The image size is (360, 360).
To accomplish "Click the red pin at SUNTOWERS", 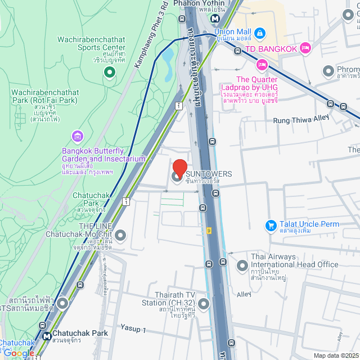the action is [x=179, y=169].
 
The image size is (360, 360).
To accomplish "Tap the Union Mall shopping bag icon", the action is [x=259, y=32].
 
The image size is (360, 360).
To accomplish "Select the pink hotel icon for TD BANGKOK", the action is [x=305, y=48].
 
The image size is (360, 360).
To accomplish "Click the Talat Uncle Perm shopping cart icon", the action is [x=271, y=225].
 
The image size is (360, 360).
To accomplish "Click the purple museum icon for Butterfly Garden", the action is [x=76, y=136].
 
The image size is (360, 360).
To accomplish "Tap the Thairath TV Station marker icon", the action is [x=203, y=304].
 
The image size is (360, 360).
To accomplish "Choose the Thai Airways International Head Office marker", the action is [x=242, y=264].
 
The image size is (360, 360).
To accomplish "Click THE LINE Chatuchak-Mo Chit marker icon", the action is [x=120, y=235].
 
